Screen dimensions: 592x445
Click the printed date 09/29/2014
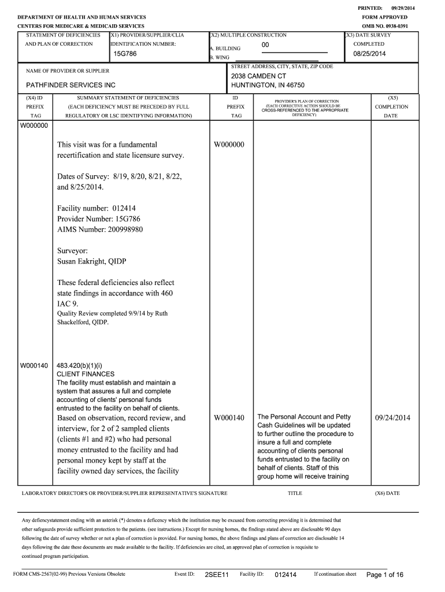point(403,8)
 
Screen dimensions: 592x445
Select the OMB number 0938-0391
point(394,27)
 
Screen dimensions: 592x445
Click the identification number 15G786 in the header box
point(125,54)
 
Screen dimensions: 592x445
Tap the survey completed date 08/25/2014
point(369,54)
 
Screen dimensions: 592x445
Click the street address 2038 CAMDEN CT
point(258,76)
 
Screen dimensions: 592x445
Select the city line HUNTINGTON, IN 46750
point(268,85)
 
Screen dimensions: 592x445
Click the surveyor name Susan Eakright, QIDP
point(91,261)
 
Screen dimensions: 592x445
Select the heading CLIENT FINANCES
point(86,374)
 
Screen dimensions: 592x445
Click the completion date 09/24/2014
point(392,418)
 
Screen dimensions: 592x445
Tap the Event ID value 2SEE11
point(217,575)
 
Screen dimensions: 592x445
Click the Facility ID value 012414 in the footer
point(285,575)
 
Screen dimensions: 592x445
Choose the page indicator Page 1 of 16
point(385,575)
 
